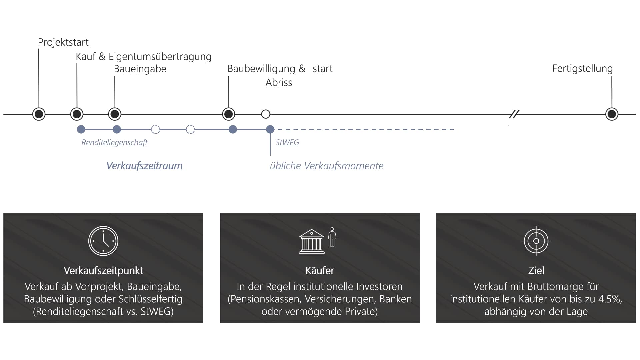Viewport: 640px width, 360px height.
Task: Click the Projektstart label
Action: pos(63,42)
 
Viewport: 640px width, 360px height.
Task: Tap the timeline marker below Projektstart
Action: pos(39,114)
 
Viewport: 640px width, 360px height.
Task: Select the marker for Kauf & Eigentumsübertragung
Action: pos(77,114)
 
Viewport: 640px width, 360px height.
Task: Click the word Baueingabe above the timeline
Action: pos(140,69)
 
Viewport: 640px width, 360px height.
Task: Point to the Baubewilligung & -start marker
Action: pos(229,114)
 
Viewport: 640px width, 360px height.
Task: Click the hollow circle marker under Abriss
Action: pos(266,114)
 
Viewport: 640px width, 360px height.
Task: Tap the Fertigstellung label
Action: pos(582,69)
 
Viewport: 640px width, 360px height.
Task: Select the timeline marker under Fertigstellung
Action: pos(612,114)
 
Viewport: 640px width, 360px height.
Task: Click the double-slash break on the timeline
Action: pos(514,114)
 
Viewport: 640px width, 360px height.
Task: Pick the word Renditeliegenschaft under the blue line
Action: pos(114,143)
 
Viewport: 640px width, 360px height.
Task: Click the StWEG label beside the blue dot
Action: pos(287,143)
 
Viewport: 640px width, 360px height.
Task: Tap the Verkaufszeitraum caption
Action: pos(144,166)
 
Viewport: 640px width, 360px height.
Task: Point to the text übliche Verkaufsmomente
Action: pos(327,166)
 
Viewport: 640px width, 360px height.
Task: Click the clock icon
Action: pos(103,241)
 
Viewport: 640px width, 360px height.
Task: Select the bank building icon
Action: pos(312,241)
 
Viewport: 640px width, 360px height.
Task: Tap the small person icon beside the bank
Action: pos(332,237)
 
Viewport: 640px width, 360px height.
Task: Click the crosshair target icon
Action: pos(536,241)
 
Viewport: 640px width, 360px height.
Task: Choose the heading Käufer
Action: pos(320,270)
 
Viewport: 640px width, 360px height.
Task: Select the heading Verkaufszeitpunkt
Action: pos(103,270)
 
